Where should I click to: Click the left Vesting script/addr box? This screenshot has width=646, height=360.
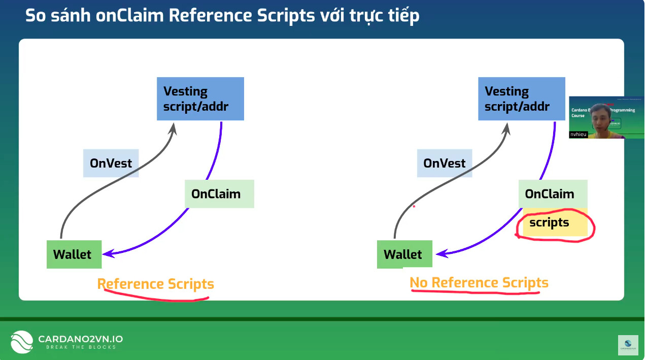pos(200,99)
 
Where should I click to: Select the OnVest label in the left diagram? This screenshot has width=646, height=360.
pos(111,163)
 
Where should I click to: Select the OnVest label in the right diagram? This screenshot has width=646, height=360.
pos(444,163)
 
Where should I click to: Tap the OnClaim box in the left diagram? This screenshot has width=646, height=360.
pos(219,193)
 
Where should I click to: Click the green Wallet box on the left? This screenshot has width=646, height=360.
pos(74,254)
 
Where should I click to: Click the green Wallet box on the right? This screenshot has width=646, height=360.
pos(404,254)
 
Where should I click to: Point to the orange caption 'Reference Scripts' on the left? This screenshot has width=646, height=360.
pos(155,284)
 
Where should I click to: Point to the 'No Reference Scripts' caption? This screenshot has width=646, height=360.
pos(479,283)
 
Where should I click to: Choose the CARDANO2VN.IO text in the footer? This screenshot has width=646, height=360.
pos(80,339)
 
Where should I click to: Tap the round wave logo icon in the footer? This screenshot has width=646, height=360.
pos(22,342)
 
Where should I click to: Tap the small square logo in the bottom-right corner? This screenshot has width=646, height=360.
pos(628,345)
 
